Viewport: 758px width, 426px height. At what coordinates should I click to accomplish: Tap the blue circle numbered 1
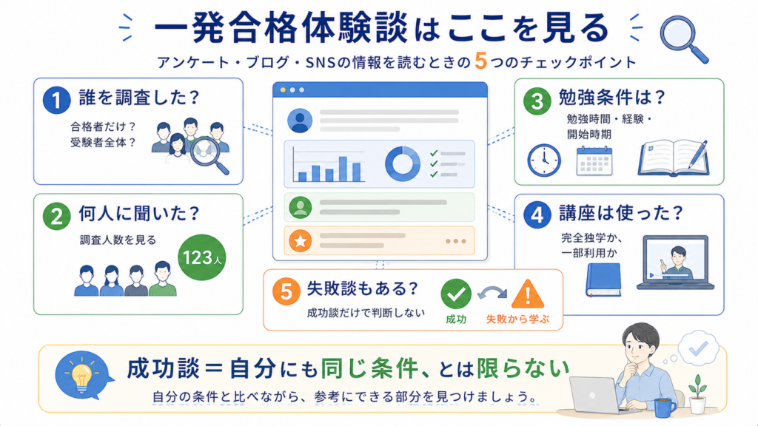[x=56, y=100]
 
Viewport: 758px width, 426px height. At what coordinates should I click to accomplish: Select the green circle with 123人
[x=201, y=257]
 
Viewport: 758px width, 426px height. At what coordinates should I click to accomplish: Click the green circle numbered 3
[x=537, y=101]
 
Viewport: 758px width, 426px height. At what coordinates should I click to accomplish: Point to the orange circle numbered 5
[x=286, y=291]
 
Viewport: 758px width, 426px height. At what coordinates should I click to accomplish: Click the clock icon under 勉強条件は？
[x=544, y=160]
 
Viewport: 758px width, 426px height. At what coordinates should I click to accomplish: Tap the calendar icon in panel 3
[x=594, y=160]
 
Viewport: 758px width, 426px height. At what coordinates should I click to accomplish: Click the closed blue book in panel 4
[x=603, y=280]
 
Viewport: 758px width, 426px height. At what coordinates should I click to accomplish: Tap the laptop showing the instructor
[x=675, y=263]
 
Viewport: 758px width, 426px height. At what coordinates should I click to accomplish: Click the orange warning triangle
[x=528, y=294]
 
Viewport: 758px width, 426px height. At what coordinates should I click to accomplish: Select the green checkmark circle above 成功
[x=456, y=294]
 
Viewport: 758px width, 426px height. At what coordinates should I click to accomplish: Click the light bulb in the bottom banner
[x=81, y=376]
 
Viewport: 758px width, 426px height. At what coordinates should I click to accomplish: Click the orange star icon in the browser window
[x=301, y=240]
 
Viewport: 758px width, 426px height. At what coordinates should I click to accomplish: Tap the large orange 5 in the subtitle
[x=480, y=61]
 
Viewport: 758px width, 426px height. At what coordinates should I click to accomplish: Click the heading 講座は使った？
[x=621, y=213]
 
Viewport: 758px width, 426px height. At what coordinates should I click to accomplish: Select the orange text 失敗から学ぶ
[x=517, y=319]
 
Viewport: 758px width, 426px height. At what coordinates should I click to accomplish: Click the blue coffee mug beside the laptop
[x=665, y=408]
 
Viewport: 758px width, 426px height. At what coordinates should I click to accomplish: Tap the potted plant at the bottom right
[x=697, y=394]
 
